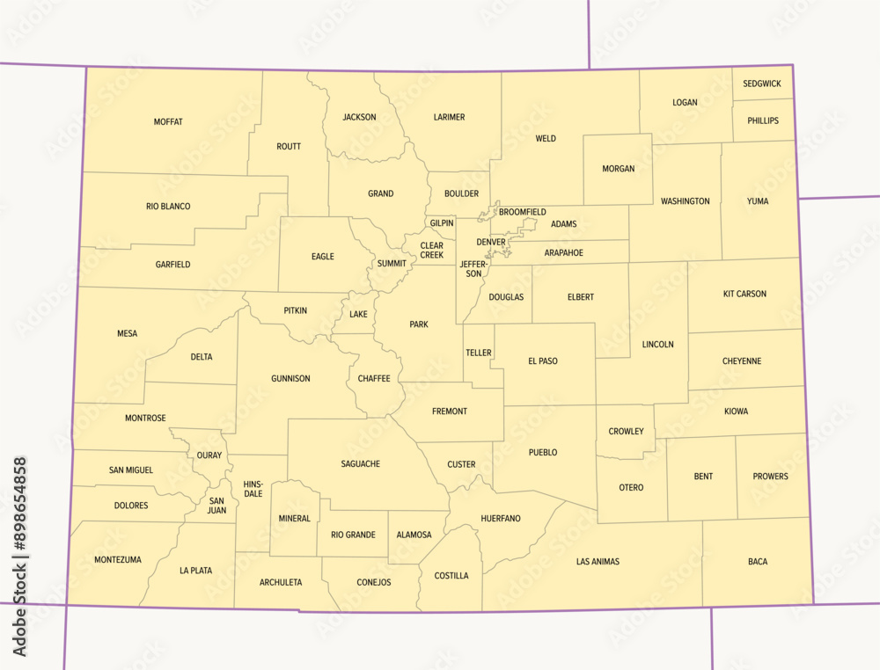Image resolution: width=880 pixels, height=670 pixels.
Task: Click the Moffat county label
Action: [x=168, y=122]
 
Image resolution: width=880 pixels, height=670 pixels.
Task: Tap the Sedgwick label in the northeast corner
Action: [x=761, y=84]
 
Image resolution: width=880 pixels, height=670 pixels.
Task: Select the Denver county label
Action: [x=491, y=242]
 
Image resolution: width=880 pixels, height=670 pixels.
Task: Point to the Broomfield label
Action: [x=523, y=213]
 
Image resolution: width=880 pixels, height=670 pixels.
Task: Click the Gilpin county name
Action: [x=442, y=223]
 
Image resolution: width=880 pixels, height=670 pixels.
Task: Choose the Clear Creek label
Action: [x=431, y=251]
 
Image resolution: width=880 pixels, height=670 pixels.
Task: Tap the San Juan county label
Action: [x=216, y=506]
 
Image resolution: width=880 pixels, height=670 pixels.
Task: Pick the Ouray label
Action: [x=209, y=455]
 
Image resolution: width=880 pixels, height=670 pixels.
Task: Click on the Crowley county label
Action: [x=626, y=432]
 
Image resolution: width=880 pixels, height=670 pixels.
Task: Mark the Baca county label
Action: [x=757, y=561]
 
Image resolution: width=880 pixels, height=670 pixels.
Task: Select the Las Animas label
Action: [x=598, y=561]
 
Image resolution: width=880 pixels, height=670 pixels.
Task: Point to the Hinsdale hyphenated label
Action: [x=253, y=489]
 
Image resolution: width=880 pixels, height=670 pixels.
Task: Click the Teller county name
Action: [x=479, y=353]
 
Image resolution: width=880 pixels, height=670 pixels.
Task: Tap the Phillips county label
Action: [x=762, y=120]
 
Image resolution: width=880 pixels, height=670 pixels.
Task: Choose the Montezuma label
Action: [x=117, y=560]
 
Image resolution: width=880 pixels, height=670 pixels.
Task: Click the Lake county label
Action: [x=358, y=314]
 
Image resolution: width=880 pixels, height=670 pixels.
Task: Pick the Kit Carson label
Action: [x=744, y=294]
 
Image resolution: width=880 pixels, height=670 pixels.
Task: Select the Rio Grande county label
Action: [x=353, y=535]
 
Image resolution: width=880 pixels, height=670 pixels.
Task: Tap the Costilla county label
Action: [x=451, y=576]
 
